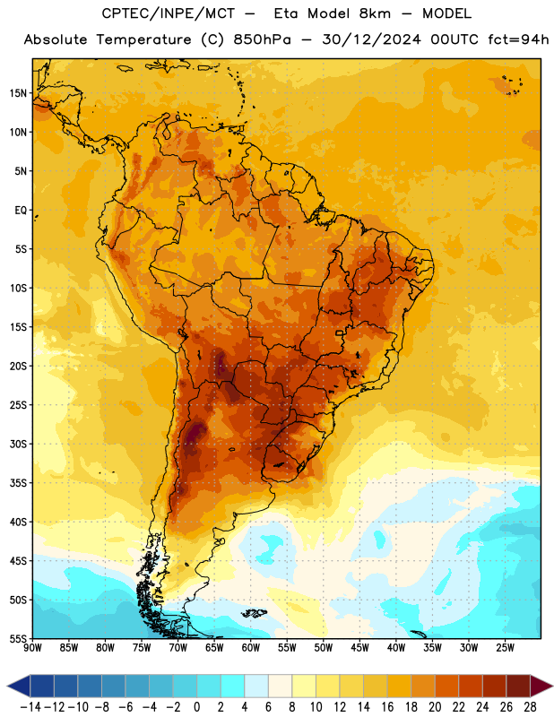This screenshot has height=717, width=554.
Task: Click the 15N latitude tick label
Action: [18, 93]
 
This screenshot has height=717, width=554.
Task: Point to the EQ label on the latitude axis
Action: [21, 211]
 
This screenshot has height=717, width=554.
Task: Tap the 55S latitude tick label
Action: [18, 638]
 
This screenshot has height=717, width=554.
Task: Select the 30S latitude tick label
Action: [18, 444]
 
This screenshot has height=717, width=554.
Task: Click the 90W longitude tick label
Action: [32, 648]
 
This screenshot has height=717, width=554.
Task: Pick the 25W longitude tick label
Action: [505, 648]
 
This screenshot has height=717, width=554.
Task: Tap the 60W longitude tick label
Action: [251, 648]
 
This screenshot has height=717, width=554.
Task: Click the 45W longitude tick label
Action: [360, 648]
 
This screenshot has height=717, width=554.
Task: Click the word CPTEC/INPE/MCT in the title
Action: [169, 13]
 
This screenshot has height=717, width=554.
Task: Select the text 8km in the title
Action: [375, 13]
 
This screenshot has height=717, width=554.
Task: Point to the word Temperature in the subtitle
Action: [143, 39]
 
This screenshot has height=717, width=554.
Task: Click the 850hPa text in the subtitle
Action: [262, 39]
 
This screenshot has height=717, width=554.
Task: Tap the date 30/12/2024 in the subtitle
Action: [371, 39]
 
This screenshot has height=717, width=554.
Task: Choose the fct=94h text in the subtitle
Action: [518, 39]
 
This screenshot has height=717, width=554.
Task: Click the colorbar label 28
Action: [530, 707]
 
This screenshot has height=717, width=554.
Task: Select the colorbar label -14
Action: [30, 707]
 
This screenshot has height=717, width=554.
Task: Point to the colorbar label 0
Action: [196, 707]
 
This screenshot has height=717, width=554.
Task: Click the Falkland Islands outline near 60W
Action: [255, 613]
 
